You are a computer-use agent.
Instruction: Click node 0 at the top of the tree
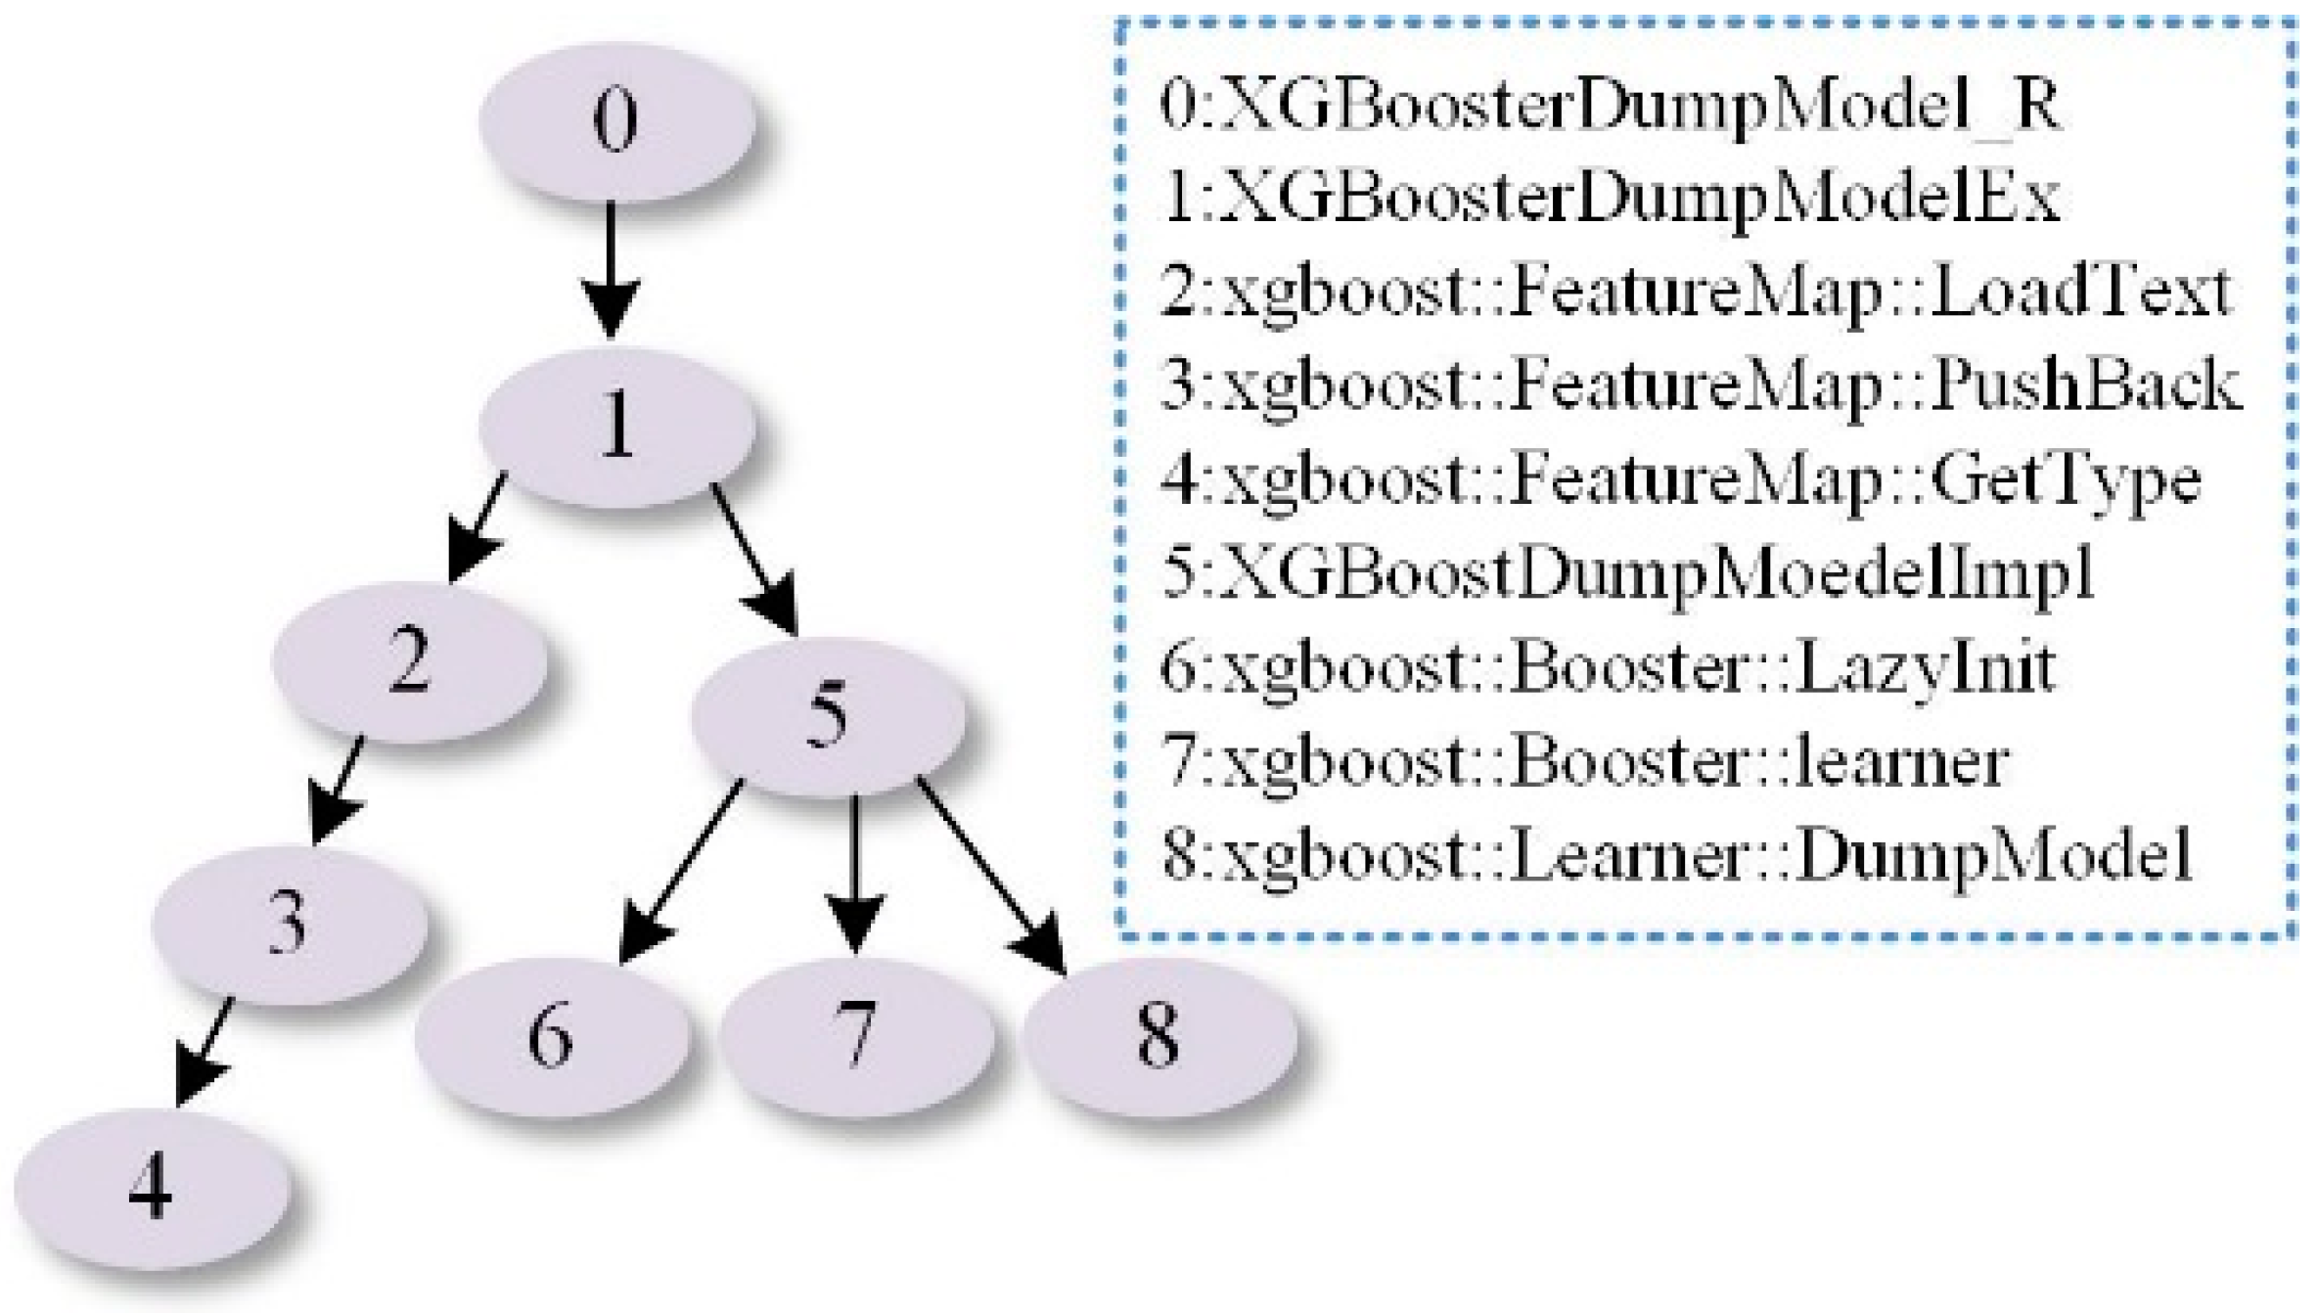[x=616, y=121]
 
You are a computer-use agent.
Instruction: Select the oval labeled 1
[x=616, y=426]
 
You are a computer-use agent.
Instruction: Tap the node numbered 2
[x=409, y=661]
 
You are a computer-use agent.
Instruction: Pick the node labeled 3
[x=289, y=925]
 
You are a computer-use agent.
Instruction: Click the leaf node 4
[x=152, y=1189]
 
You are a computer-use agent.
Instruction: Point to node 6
[x=551, y=1037]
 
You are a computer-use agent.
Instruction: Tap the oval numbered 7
[x=857, y=1037]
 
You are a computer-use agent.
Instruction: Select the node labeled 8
[x=1160, y=1037]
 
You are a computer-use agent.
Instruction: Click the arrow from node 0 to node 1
[x=612, y=269]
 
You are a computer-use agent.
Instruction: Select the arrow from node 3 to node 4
[x=205, y=1052]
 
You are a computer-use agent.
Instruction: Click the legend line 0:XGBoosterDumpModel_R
[x=1610, y=106]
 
